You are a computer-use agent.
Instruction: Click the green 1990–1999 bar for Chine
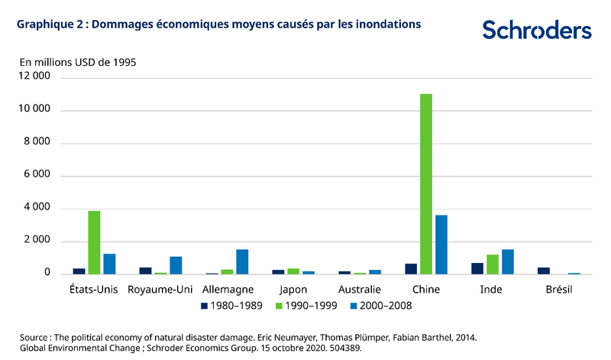point(426,183)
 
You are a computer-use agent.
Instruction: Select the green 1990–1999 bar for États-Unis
point(94,242)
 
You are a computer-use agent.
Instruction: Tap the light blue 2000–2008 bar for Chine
point(441,245)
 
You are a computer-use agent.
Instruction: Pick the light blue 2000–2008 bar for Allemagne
point(242,261)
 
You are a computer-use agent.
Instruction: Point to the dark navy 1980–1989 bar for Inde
point(477,268)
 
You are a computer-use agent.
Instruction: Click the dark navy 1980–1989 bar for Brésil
point(544,271)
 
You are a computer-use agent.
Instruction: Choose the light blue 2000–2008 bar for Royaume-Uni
point(176,265)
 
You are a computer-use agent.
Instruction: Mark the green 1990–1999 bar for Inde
point(493,264)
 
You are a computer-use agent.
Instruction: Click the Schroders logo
point(537,31)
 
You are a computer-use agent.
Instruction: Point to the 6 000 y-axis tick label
point(37,176)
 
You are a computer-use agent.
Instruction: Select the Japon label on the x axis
point(293,290)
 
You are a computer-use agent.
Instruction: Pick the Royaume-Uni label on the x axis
point(160,290)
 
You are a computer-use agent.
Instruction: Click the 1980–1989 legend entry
point(231,306)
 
